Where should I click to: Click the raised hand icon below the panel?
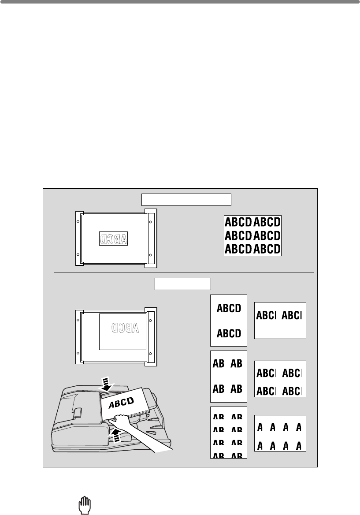click(84, 504)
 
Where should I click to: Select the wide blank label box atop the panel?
click(186, 199)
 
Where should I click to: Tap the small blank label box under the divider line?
click(183, 284)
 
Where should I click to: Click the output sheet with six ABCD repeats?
click(252, 235)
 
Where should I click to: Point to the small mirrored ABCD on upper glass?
click(113, 239)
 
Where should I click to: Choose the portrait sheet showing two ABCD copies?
click(228, 320)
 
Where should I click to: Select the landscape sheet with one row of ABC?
click(280, 321)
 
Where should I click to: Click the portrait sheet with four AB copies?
click(228, 376)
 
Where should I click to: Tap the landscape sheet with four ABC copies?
click(280, 379)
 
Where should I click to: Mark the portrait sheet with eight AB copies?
click(228, 433)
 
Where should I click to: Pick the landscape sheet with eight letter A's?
click(280, 433)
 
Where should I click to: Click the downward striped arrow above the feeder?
click(106, 384)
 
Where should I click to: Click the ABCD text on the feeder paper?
click(124, 402)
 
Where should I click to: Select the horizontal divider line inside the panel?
click(183, 272)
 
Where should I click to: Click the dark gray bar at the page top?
click(180, 2)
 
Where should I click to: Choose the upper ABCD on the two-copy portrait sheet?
click(229, 308)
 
